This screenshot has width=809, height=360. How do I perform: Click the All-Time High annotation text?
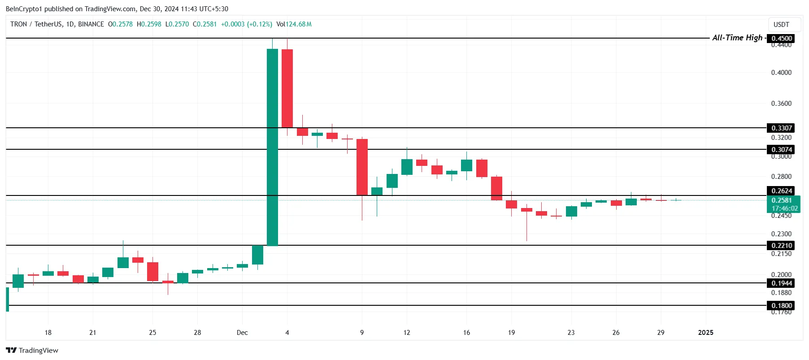(x=737, y=38)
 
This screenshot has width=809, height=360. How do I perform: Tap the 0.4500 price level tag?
(x=781, y=39)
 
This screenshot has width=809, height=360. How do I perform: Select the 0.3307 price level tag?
(x=781, y=128)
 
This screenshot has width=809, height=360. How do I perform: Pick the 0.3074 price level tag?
(x=781, y=150)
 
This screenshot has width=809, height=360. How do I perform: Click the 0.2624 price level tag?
(x=781, y=191)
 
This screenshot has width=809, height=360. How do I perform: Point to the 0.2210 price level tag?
(x=781, y=246)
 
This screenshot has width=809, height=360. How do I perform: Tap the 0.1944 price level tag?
(x=781, y=283)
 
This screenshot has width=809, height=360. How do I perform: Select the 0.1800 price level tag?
(x=781, y=306)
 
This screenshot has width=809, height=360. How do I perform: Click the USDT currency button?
(x=781, y=25)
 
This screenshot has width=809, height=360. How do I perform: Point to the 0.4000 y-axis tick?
(x=781, y=73)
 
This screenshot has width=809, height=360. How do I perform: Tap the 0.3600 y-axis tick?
(x=781, y=104)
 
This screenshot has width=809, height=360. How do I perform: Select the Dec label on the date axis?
(x=242, y=333)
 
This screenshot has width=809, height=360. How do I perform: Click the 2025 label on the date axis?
(x=706, y=333)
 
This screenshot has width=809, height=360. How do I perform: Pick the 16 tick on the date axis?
(x=466, y=333)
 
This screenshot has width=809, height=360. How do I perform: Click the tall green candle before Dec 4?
(x=272, y=147)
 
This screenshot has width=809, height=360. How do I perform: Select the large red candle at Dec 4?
(x=287, y=88)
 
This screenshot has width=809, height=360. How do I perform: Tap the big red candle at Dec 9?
(x=362, y=167)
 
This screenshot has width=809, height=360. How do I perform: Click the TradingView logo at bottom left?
(x=32, y=351)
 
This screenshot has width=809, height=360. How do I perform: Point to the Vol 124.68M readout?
(x=294, y=24)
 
